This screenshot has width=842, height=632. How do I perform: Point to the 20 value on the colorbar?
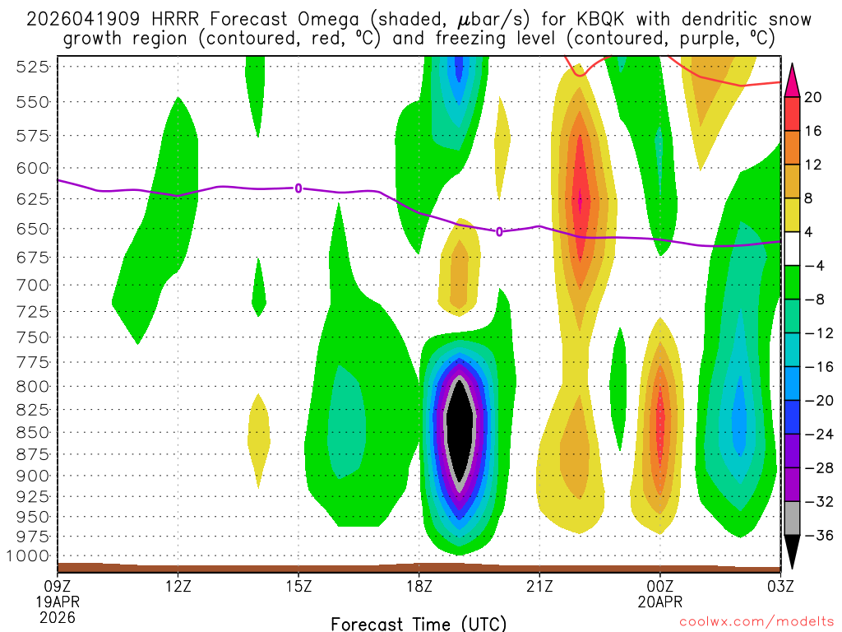[x=812, y=97]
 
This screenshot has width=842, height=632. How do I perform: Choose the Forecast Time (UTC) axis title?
[x=419, y=623]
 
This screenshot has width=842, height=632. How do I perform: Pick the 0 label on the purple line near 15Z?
[x=298, y=188]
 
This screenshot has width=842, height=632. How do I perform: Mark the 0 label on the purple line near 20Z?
[x=499, y=231]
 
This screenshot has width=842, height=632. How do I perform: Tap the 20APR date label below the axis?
[x=659, y=602]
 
